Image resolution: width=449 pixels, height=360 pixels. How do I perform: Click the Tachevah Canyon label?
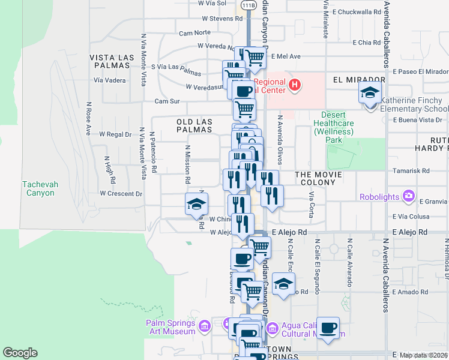(40, 188)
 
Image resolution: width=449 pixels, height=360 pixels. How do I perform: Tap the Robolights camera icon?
(409, 196)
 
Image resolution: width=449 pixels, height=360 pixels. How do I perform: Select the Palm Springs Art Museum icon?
(204, 326)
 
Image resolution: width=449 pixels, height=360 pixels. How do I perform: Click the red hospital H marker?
(294, 85)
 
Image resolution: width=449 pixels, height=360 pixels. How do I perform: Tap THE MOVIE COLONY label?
(318, 178)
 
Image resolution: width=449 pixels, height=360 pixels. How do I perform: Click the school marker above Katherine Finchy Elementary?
(370, 93)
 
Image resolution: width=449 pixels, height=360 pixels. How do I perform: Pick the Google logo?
(20, 353)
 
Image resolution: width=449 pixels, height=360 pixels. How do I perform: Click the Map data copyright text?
(423, 355)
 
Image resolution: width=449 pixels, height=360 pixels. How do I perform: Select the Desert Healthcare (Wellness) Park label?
(337, 127)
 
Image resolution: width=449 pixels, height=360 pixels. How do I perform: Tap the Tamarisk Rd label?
(411, 170)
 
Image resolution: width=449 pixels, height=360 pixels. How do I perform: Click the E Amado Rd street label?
(408, 292)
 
